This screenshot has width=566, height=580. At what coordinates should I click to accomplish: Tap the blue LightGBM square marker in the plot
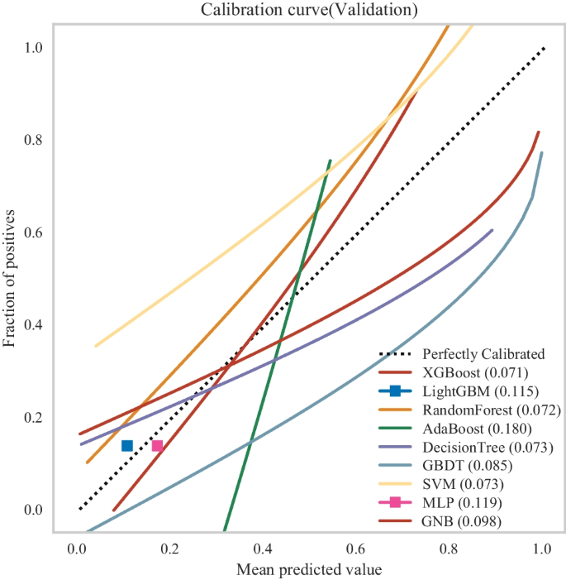coord(127,446)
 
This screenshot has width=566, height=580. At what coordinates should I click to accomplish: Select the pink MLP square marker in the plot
coord(157,446)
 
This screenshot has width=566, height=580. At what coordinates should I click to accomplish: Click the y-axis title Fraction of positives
coord(10,278)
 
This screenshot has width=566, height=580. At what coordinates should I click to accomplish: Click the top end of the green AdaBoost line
coord(331,161)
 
